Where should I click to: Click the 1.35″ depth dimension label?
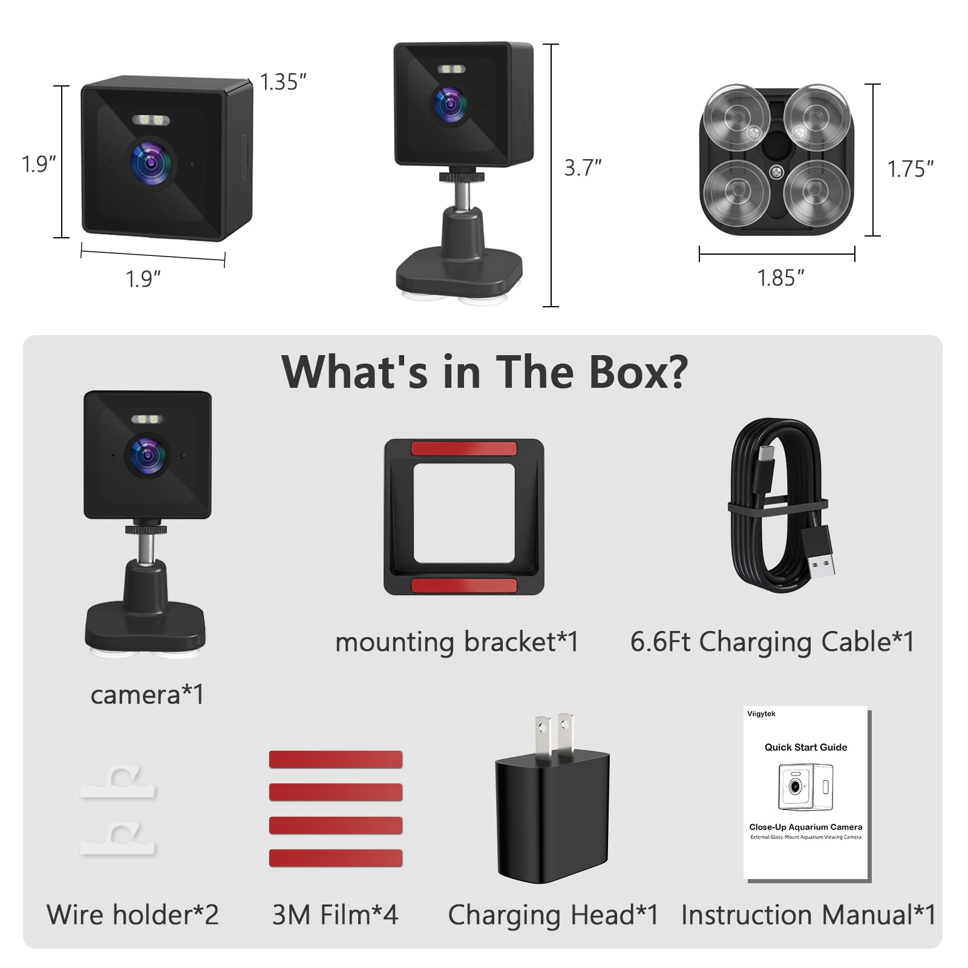tap(283, 82)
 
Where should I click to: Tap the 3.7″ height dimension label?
tap(583, 168)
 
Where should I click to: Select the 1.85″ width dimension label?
tap(780, 278)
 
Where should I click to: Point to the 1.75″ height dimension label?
tap(910, 169)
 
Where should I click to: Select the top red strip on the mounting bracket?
tap(464, 448)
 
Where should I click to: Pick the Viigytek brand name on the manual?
tap(761, 714)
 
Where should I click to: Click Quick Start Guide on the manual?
tap(806, 747)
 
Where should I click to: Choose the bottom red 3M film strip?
tap(336, 858)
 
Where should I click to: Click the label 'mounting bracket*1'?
tap(457, 642)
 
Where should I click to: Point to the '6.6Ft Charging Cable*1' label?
tap(772, 642)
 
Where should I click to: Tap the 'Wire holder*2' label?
tap(132, 914)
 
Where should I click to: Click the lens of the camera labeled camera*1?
tap(145, 454)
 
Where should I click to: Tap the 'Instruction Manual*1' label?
tap(808, 914)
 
